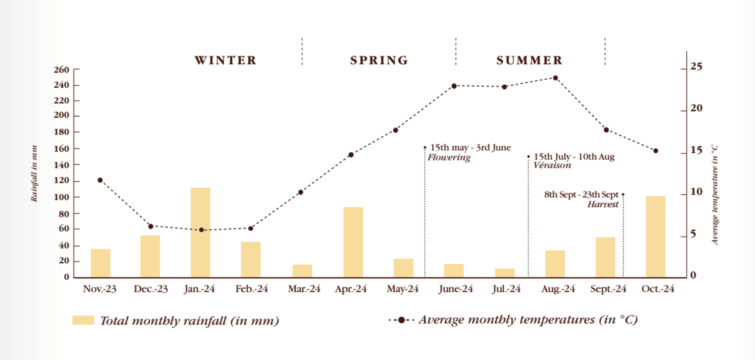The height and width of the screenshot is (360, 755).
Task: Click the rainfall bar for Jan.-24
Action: [x=201, y=232]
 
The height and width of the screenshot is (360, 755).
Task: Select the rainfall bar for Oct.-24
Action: [x=656, y=237]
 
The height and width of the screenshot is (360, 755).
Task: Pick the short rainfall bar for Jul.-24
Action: [x=505, y=273]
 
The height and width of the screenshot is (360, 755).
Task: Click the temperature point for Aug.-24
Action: [x=555, y=78]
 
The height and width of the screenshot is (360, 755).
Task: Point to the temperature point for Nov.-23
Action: [x=100, y=180]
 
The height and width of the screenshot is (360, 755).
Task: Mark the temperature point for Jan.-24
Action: [x=201, y=230]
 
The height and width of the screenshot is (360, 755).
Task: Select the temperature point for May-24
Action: [x=396, y=130]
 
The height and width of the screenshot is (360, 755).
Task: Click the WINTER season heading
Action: [x=226, y=61]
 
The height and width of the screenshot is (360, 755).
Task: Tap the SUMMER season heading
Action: [x=529, y=61]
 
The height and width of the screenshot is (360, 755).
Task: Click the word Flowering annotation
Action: [x=449, y=157]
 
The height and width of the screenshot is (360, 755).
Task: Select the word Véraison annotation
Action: [x=552, y=165]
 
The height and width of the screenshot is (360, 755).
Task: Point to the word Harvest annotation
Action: [x=603, y=205]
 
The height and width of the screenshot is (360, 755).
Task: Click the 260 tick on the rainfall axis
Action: [x=62, y=70]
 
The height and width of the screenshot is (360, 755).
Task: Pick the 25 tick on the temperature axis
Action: [x=696, y=67]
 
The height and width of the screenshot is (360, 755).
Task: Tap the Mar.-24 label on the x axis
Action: [x=304, y=289]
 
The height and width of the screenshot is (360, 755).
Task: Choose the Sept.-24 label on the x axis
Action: [x=608, y=289]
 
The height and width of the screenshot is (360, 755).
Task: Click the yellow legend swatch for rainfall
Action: [x=83, y=320]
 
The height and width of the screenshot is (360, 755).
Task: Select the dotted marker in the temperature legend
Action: [x=401, y=320]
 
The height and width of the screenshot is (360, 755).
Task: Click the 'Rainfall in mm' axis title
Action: [x=34, y=173]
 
